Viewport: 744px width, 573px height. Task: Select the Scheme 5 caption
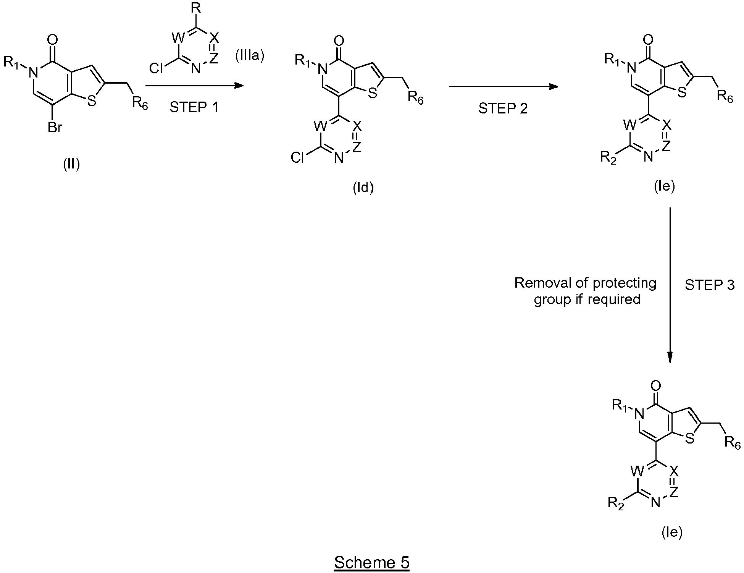point(372,562)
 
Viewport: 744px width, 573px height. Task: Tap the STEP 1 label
point(194,108)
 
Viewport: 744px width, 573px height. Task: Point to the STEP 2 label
point(503,108)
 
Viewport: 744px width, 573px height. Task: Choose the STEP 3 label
point(710,285)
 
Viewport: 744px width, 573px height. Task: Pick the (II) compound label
point(71,165)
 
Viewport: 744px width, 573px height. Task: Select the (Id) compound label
point(363,188)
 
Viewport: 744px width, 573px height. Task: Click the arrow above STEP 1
point(195,86)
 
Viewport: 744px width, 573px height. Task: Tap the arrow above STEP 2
point(504,86)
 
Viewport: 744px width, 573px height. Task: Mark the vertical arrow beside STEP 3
point(670,285)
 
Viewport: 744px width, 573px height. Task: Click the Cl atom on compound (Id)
point(297,158)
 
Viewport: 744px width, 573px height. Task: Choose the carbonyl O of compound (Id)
point(338,40)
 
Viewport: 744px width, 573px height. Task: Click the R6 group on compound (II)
point(140,103)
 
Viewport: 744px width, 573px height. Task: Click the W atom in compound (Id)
point(320,126)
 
